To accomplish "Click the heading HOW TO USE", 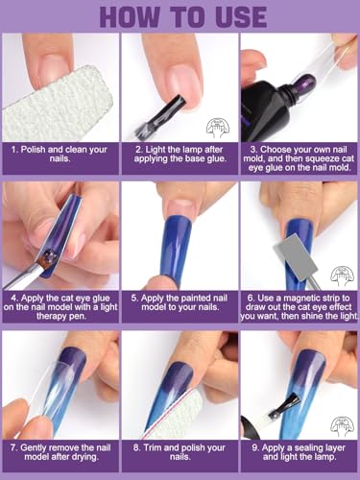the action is coord(183,16).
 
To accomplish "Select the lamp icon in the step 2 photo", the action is coord(218,129).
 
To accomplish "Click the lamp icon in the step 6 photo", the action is coord(343,276).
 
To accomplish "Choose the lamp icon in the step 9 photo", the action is coord(343,426).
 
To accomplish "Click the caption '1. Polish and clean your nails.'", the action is coord(60,154).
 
